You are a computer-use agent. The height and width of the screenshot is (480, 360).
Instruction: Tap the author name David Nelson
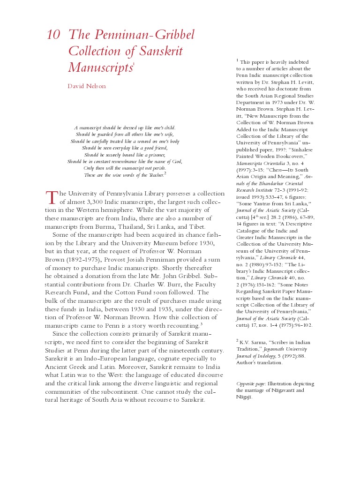tap(87, 86)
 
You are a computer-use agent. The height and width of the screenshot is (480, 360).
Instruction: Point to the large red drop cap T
tap(51, 197)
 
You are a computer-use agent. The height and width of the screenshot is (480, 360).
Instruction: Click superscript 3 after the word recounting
tap(201, 323)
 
